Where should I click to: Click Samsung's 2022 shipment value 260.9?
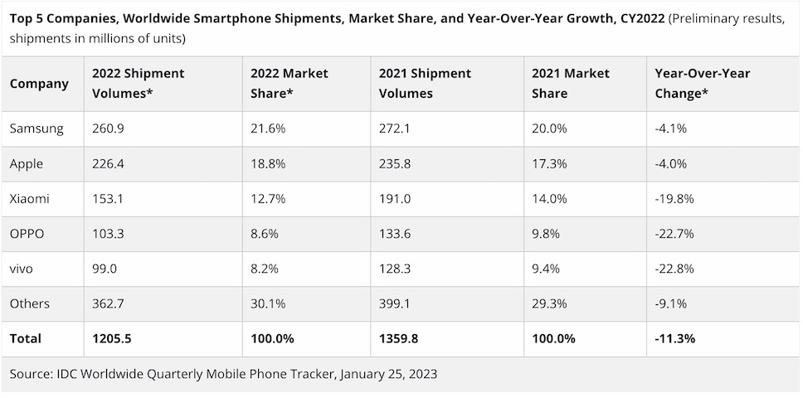(x=109, y=129)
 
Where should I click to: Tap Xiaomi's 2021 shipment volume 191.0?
(x=395, y=199)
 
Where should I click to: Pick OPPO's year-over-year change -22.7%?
(x=674, y=234)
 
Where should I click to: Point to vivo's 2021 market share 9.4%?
(x=546, y=269)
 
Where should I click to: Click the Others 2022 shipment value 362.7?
(x=109, y=303)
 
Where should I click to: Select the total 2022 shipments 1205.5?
(x=113, y=338)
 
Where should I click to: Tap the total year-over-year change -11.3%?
(x=675, y=338)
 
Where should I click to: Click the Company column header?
(x=39, y=84)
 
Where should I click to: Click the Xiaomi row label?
(x=29, y=199)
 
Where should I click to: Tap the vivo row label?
(x=23, y=269)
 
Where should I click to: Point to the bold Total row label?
(x=26, y=338)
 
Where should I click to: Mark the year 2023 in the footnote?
(x=421, y=375)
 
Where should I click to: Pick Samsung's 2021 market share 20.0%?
(x=548, y=129)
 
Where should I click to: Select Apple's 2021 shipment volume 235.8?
(x=396, y=164)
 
